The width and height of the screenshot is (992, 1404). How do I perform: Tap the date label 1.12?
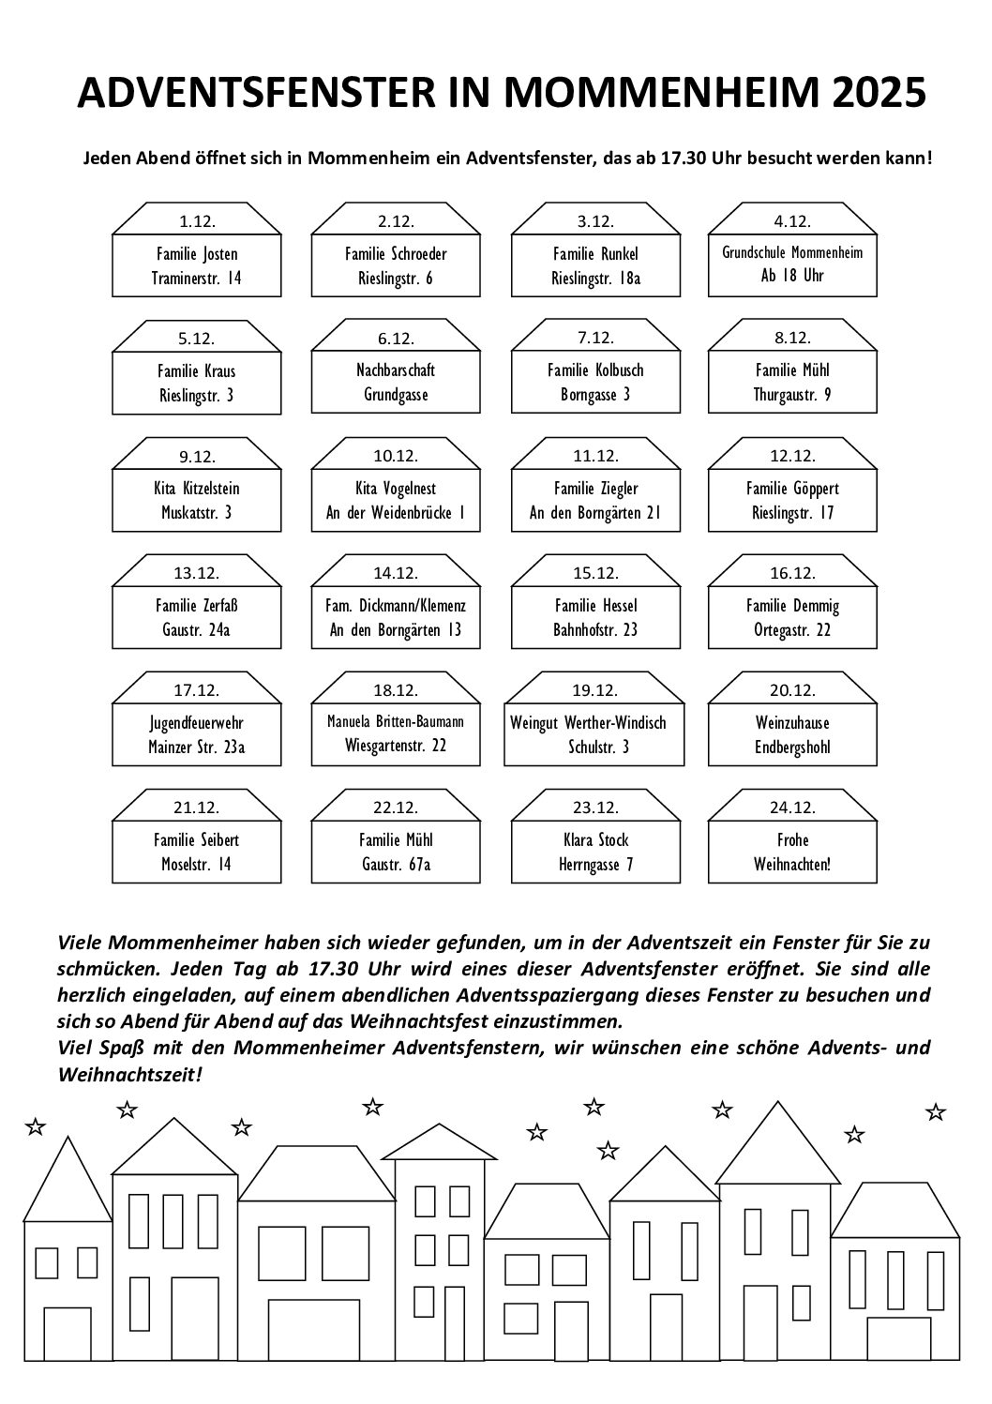pos(197,221)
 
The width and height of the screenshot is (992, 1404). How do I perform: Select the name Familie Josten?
pos(197,254)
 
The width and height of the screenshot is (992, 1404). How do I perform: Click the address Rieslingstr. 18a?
pos(595,279)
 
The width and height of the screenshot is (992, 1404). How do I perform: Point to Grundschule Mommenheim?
pos(792,252)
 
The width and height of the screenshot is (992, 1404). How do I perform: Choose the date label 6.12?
pos(396,339)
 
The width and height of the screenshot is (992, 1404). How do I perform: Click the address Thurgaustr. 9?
pos(792,395)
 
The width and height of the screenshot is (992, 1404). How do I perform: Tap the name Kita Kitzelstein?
pos(197,489)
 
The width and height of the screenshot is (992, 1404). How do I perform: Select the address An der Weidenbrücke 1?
pos(396,513)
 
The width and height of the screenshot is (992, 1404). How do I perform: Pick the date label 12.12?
pos(792,456)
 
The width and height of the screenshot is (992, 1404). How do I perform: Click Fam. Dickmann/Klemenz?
pos(396,606)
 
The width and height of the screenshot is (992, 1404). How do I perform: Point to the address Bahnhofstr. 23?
pos(595,630)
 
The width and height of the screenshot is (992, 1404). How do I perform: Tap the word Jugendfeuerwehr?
pos(197,723)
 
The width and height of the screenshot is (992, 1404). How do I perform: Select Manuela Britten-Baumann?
pos(396,722)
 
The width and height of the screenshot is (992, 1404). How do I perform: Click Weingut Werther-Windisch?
pos(588,723)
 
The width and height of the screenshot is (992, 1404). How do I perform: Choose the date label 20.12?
pos(792,690)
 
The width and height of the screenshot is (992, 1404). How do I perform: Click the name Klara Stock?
pos(595,840)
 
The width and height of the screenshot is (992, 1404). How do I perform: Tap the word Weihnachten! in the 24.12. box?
pos(792,865)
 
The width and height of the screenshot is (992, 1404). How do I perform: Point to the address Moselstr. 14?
pos(197,865)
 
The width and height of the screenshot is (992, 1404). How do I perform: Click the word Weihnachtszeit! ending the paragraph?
pos(129,1074)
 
